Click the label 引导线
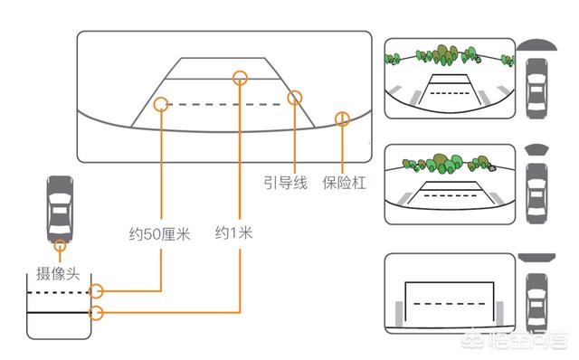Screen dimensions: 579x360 (x=286, y=183)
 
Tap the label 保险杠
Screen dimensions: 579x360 (x=344, y=183)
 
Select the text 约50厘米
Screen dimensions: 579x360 (x=159, y=234)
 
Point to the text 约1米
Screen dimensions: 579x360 (x=234, y=233)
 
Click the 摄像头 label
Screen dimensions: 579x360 (x=58, y=273)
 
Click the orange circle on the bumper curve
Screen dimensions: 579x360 (x=342, y=118)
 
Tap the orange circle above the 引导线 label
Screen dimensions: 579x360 (x=295, y=98)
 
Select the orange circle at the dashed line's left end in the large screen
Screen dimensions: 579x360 (x=161, y=105)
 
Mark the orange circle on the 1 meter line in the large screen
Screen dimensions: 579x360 (x=240, y=78)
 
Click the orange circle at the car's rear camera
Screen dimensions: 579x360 (x=60, y=245)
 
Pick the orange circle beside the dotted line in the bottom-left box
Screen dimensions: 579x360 (x=97, y=291)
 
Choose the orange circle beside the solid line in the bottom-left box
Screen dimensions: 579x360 (x=97, y=313)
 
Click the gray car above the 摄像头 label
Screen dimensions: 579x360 (x=60, y=209)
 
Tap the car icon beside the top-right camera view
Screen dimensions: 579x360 (x=536, y=89)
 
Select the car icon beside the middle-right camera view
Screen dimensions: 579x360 (x=536, y=194)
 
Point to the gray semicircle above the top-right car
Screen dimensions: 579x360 (x=536, y=44)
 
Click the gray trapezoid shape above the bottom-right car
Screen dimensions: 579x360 (x=536, y=258)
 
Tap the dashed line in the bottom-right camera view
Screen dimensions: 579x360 (x=450, y=304)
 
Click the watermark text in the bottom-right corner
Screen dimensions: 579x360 (x=514, y=340)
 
